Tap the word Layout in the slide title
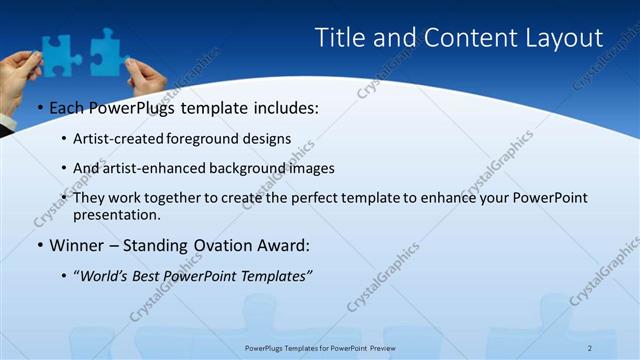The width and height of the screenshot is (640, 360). (563, 38)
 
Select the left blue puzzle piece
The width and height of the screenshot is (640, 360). (59, 50)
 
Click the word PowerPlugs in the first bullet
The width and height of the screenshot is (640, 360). (136, 108)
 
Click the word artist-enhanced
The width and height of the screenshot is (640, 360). (147, 168)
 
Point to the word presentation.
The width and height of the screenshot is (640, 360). (117, 214)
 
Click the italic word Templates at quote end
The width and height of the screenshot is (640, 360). (276, 274)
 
